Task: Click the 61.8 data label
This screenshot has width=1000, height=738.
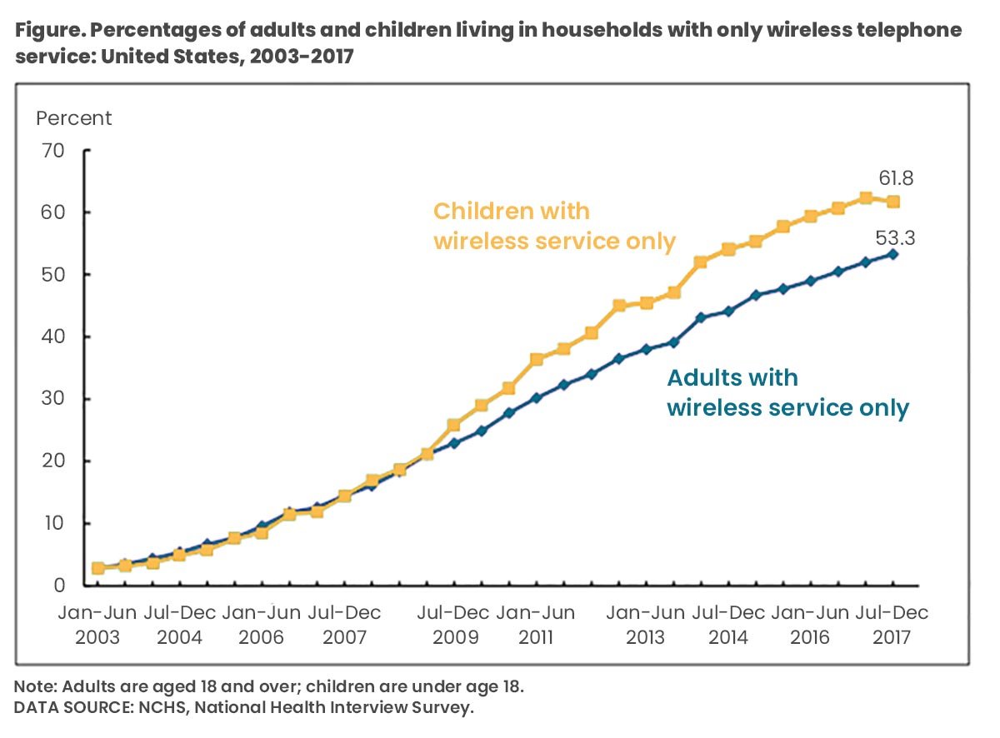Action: click(x=896, y=178)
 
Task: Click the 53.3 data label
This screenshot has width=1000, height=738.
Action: click(x=896, y=238)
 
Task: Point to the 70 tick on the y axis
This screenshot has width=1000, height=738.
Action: click(x=52, y=151)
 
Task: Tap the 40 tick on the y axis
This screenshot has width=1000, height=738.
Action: click(x=52, y=337)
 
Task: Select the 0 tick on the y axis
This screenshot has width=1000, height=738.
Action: click(x=57, y=586)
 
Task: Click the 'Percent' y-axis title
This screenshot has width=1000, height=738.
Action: click(x=73, y=118)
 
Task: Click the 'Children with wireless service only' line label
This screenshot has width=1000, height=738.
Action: click(x=553, y=226)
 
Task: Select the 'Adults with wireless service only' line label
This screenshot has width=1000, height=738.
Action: click(x=787, y=392)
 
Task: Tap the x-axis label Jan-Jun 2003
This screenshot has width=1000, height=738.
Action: click(x=98, y=625)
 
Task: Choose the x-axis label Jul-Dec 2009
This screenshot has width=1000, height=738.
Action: click(x=453, y=625)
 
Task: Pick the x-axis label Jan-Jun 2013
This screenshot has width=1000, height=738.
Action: click(x=645, y=625)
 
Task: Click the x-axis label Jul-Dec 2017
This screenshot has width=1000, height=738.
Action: click(x=892, y=625)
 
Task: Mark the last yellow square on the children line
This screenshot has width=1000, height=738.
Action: click(x=892, y=202)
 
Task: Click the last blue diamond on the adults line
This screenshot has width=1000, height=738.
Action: click(x=892, y=254)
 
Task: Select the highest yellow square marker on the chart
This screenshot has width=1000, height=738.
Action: click(x=866, y=198)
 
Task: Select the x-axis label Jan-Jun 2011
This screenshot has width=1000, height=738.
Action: click(x=536, y=625)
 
